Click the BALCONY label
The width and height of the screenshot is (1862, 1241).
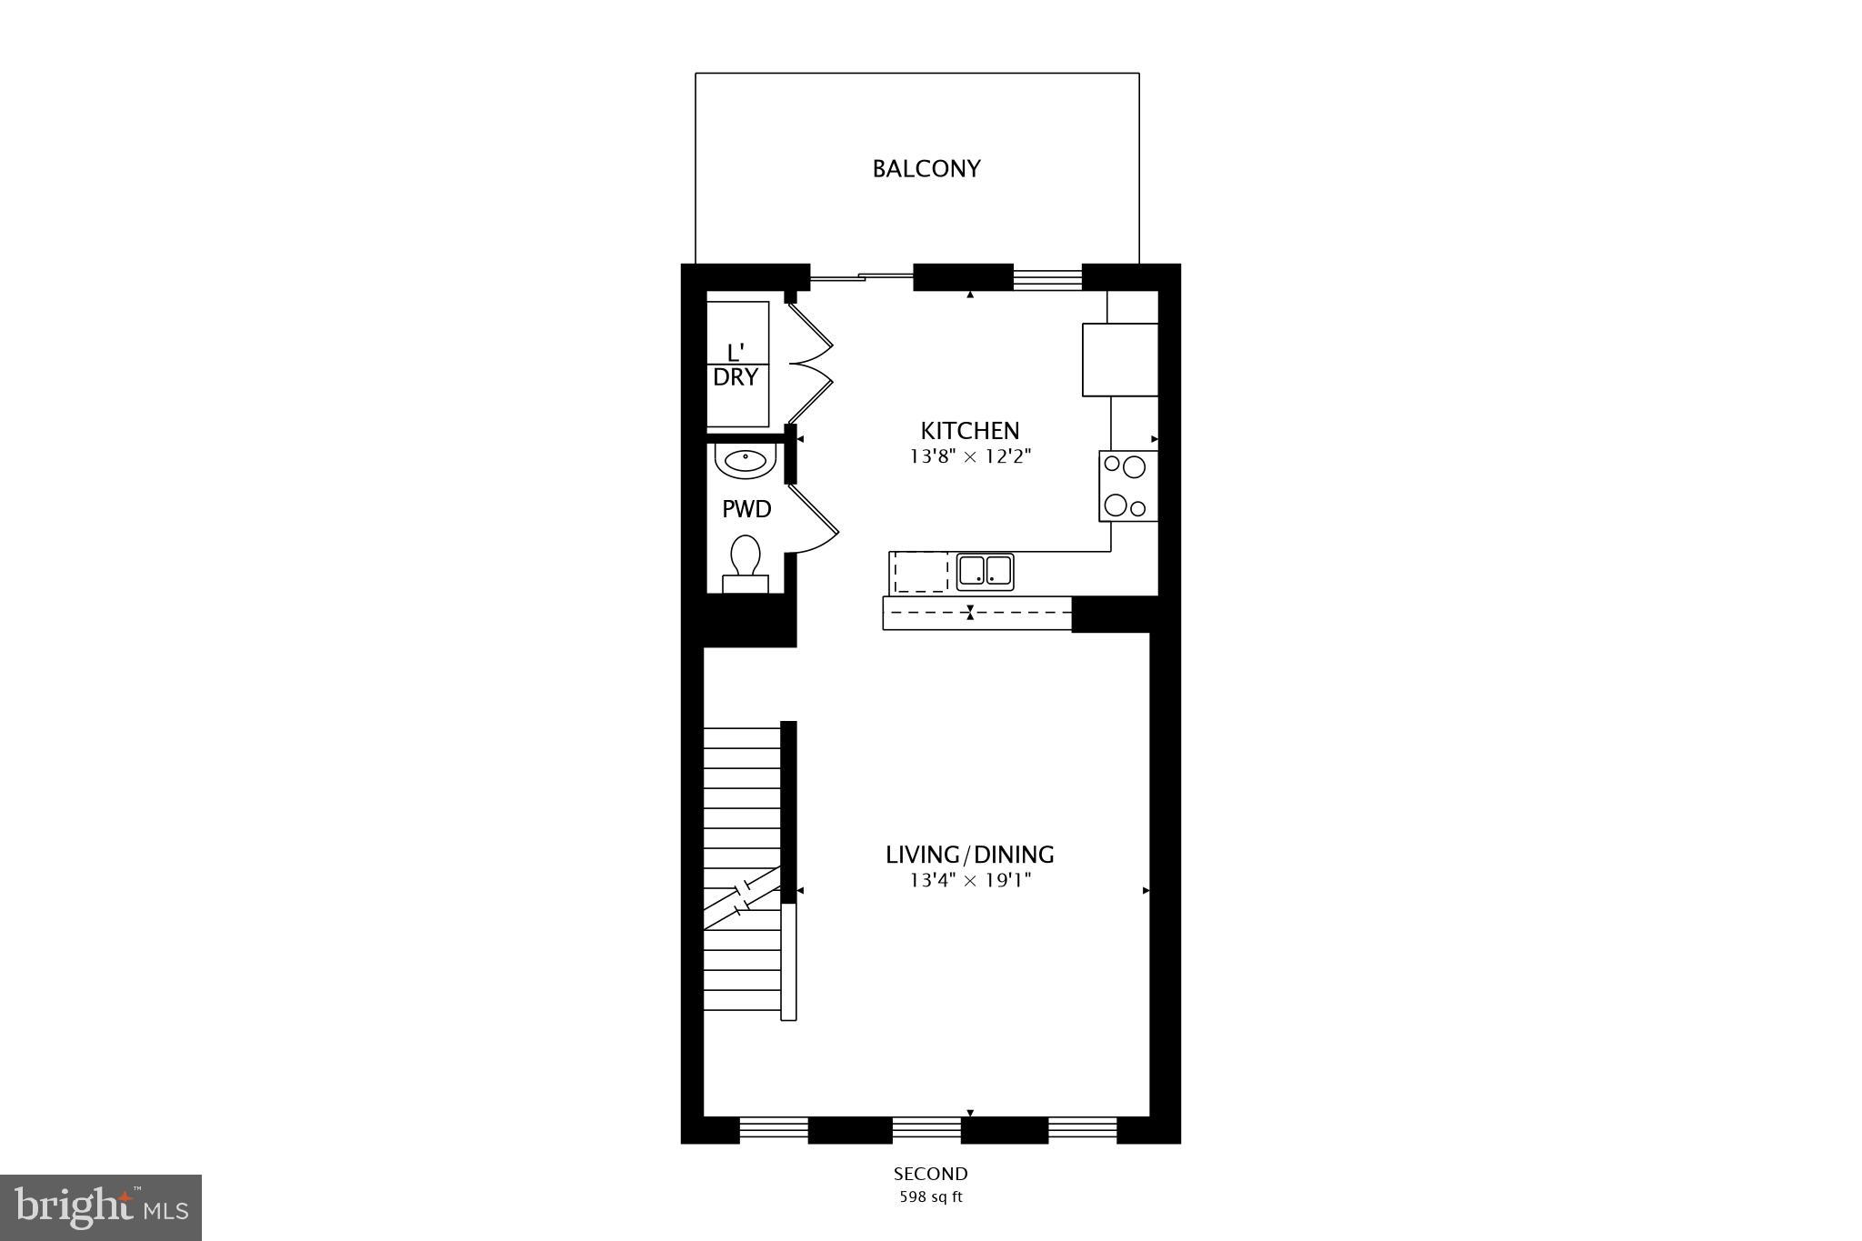click(x=926, y=169)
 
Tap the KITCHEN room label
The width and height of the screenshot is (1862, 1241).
click(x=970, y=431)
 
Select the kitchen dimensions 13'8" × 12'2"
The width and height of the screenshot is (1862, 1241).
click(x=970, y=456)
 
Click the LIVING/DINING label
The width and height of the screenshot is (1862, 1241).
click(x=970, y=855)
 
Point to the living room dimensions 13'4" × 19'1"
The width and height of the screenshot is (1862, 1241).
click(x=970, y=880)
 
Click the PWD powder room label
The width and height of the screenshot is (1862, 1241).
click(x=746, y=509)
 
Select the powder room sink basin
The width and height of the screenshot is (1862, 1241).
click(x=746, y=462)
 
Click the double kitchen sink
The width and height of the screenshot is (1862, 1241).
click(x=986, y=571)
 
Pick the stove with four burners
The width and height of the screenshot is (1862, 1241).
click(x=1127, y=486)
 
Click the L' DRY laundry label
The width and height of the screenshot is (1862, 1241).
click(x=736, y=365)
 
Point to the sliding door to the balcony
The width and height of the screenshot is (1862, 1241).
click(x=861, y=276)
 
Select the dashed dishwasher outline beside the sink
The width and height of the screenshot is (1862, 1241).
click(x=920, y=573)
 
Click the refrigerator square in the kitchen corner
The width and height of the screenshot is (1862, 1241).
click(x=1119, y=359)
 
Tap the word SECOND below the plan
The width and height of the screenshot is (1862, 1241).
click(x=930, y=1174)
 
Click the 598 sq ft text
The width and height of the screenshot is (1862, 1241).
click(x=930, y=1197)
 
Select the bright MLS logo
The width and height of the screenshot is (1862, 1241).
click(x=101, y=1207)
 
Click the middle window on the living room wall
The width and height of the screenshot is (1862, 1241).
click(x=926, y=1129)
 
